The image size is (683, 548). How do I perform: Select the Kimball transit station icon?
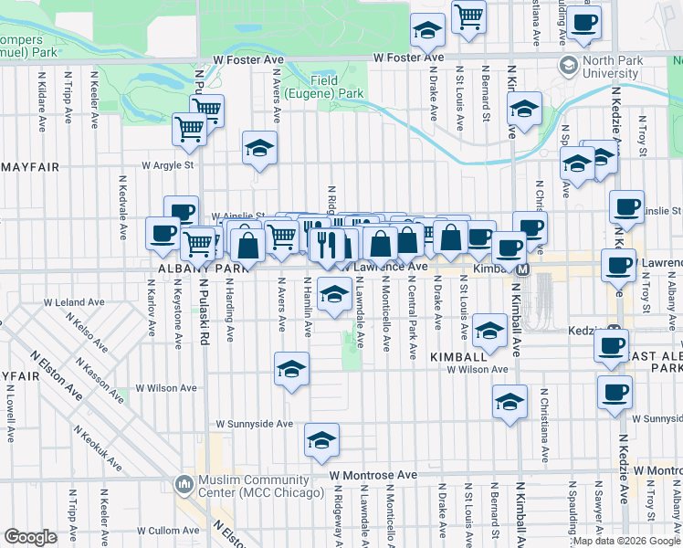pos(524,269)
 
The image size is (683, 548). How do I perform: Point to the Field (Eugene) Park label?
pos(336,87)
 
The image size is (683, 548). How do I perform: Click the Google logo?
pos(30,537)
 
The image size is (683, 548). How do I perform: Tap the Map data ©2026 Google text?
pos(625,541)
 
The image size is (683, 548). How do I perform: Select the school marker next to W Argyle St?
pos(259,148)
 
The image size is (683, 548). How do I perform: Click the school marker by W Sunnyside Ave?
pos(321,439)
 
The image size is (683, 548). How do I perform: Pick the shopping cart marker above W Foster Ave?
pos(468,15)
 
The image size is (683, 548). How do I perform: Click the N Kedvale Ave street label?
pos(121,207)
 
